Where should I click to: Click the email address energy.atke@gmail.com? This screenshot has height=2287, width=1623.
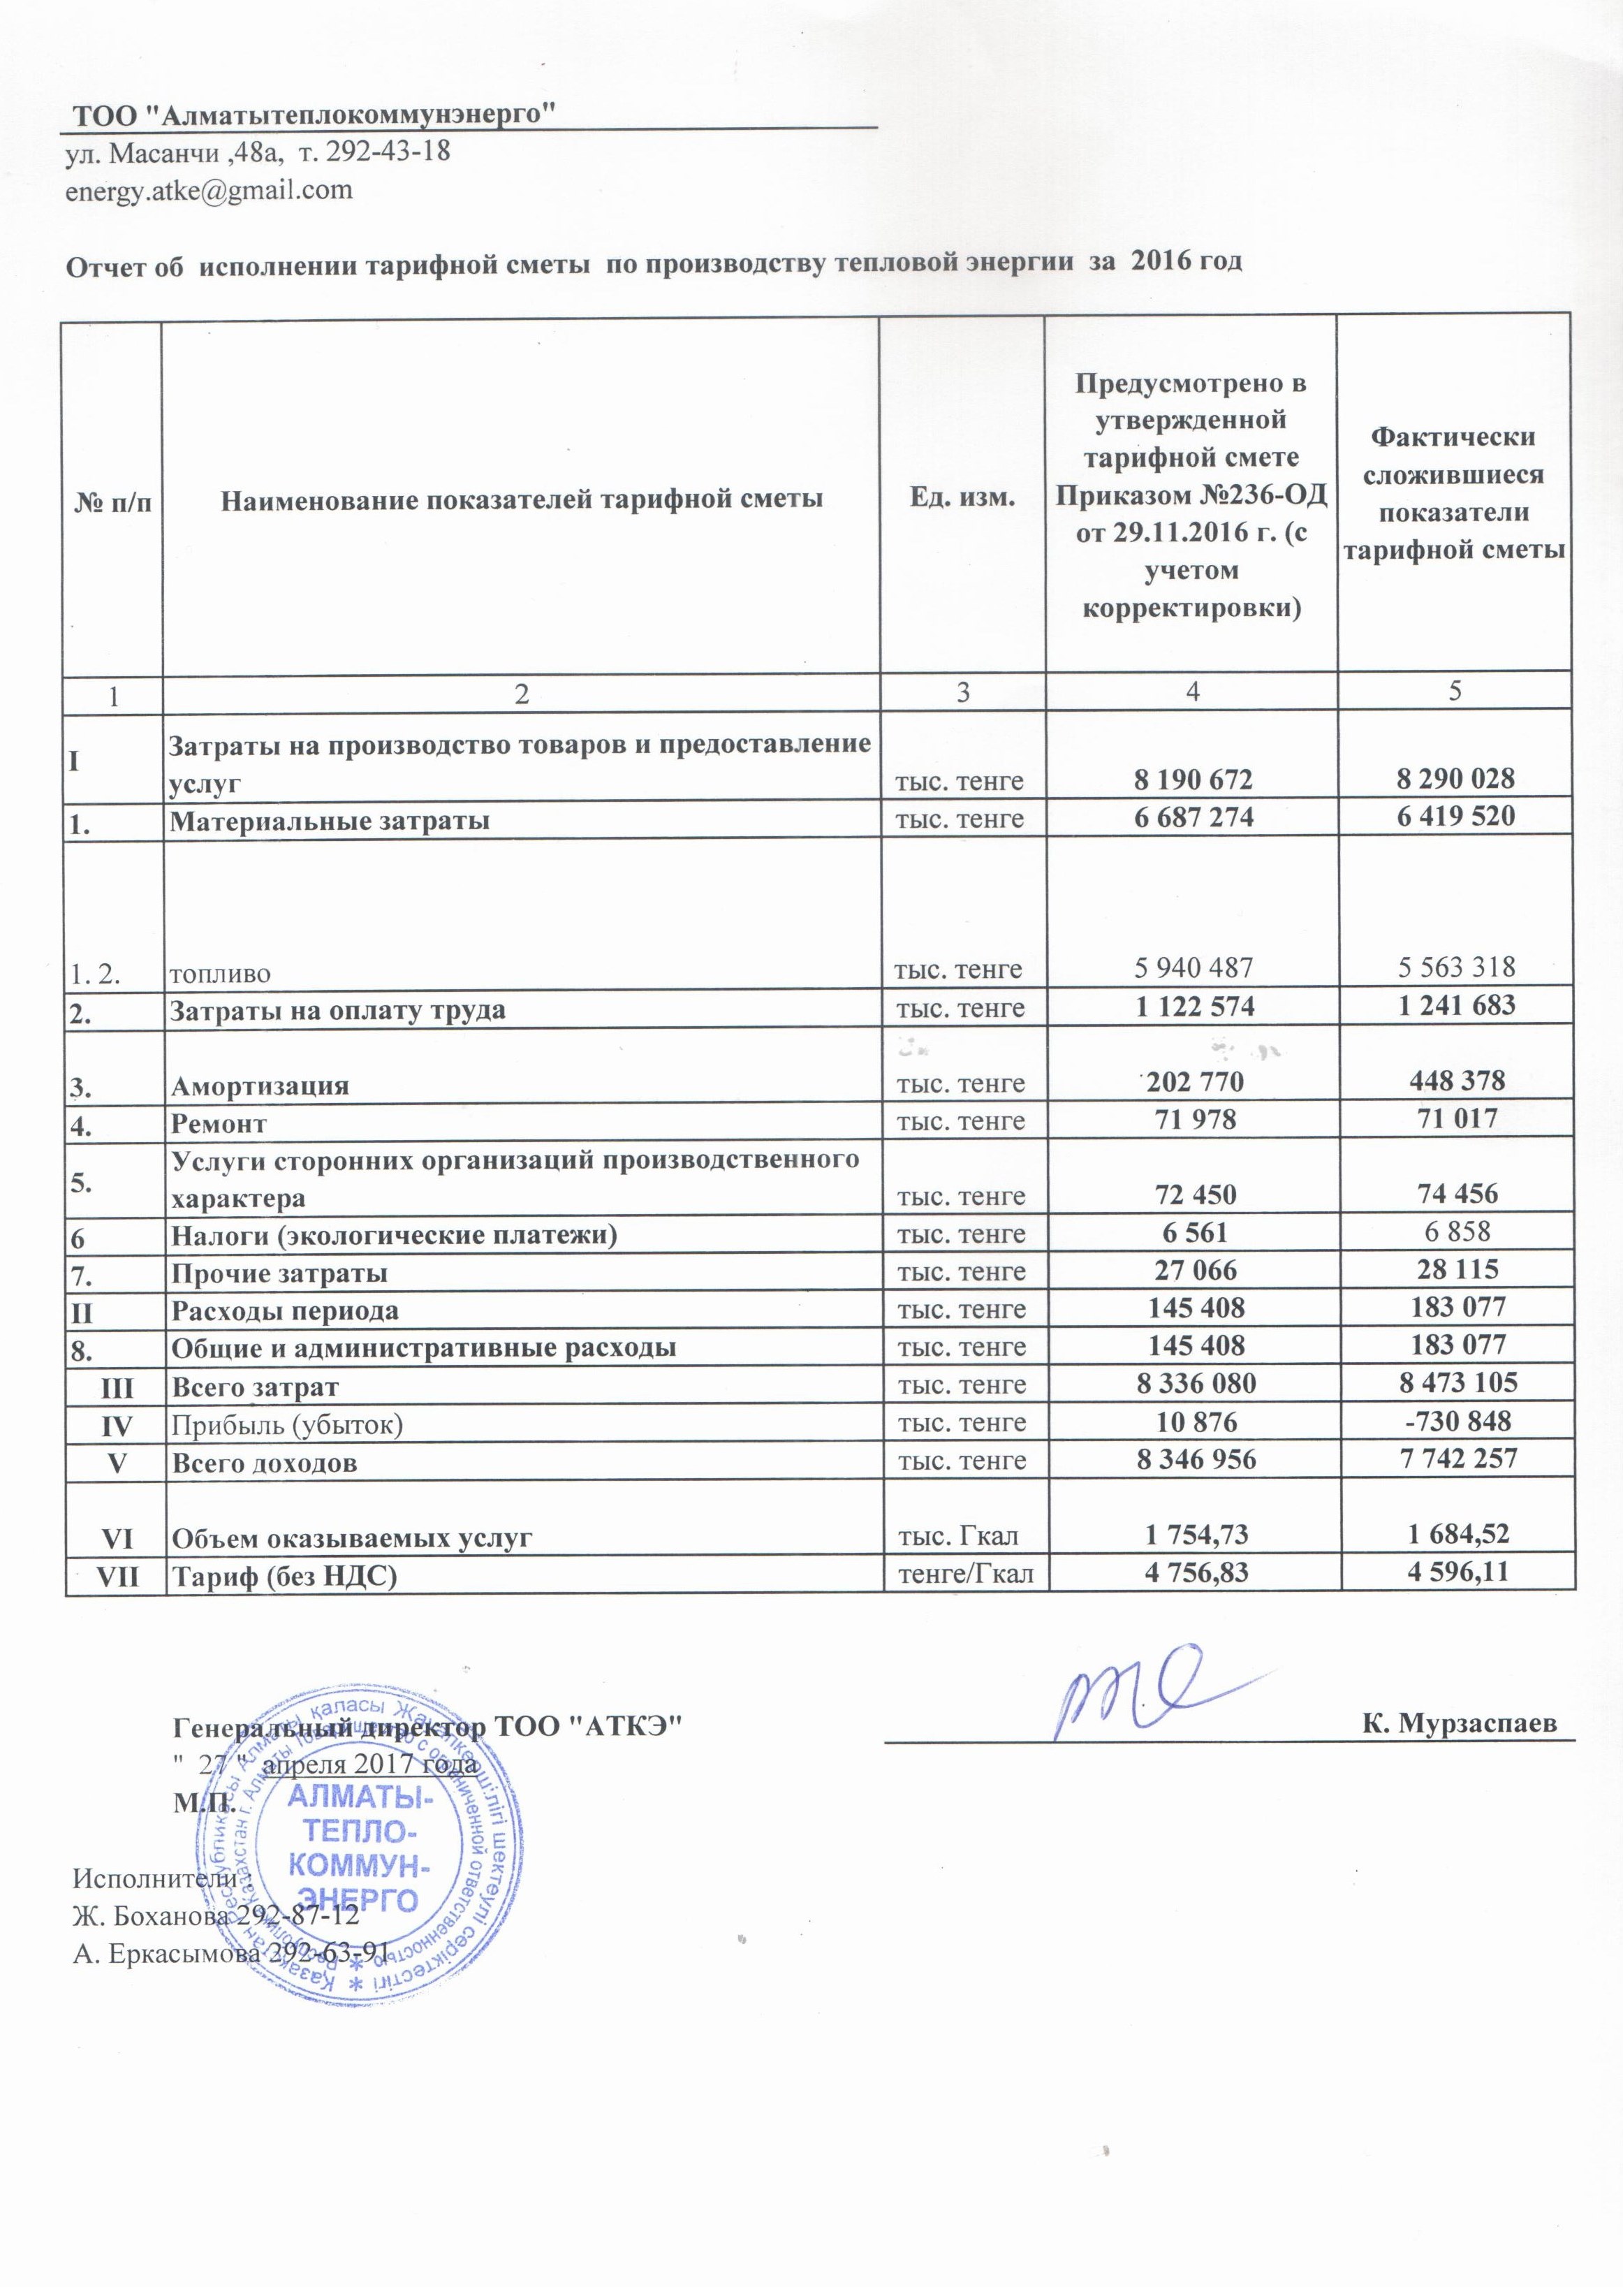click(209, 190)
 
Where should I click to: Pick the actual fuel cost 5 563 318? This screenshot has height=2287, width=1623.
click(1455, 967)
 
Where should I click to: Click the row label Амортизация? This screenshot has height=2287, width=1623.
click(260, 1086)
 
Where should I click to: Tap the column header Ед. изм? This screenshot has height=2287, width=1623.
click(962, 497)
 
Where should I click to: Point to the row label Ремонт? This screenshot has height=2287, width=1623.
click(219, 1123)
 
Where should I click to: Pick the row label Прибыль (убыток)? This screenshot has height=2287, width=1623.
click(287, 1424)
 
